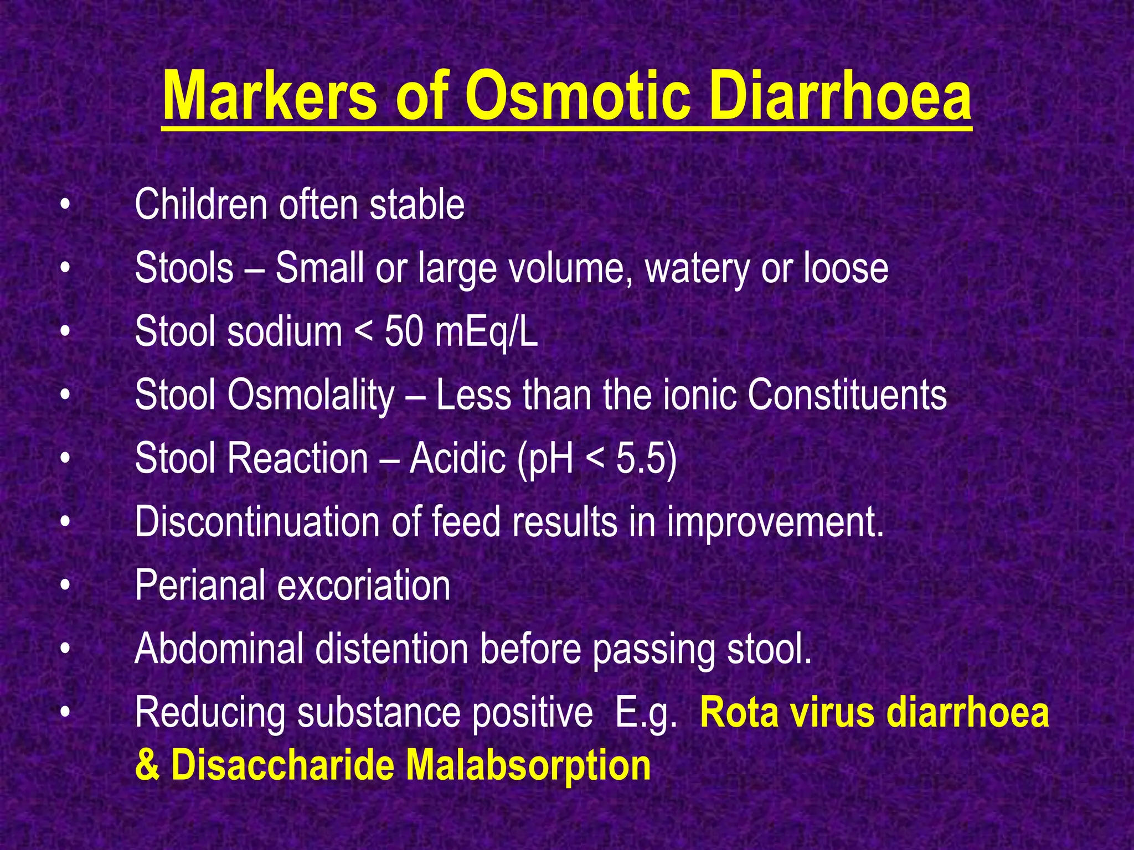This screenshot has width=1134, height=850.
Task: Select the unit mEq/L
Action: click(486, 332)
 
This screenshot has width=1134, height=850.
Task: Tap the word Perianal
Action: click(199, 586)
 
